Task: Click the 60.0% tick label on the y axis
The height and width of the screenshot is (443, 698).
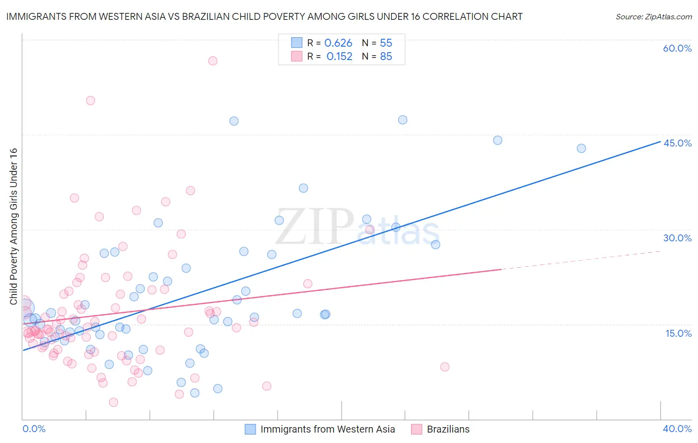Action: (677, 48)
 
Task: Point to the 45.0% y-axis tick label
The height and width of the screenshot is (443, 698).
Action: (677, 143)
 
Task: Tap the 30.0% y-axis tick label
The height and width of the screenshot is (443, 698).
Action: (677, 238)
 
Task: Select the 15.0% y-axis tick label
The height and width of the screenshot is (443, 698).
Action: (678, 333)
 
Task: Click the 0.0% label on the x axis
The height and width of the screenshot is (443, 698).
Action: (34, 429)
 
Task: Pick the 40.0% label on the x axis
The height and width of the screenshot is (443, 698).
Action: (677, 429)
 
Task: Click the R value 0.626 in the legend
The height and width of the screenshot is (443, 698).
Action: (338, 43)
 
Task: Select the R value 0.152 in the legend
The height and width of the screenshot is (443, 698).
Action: (339, 57)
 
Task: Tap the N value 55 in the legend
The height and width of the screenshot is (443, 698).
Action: (386, 43)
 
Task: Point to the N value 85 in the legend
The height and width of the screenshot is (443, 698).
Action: (386, 57)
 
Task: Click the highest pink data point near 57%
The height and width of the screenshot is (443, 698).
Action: (212, 61)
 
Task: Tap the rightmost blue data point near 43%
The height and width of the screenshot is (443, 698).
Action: (581, 148)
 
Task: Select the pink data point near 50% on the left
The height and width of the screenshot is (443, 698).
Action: (90, 100)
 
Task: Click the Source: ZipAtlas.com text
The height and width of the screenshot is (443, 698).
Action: (653, 17)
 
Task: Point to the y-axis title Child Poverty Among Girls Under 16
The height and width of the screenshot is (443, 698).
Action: (14, 226)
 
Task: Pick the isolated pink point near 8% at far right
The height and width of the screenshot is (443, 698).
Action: (445, 367)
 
